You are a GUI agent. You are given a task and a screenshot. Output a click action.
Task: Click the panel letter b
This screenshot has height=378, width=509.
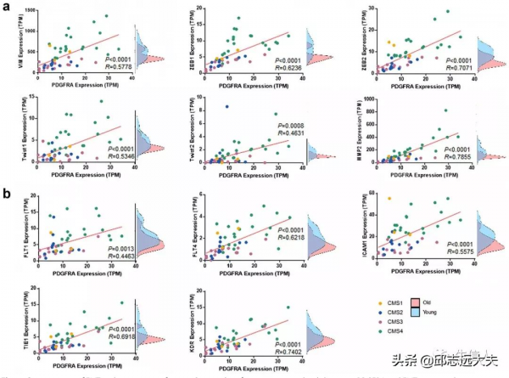pyautogui.click(x=6, y=195)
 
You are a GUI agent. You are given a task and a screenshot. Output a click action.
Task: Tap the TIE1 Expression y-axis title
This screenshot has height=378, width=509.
pyautogui.click(x=18, y=323)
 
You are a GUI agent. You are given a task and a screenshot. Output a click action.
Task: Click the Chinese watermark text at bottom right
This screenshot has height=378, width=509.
pyautogui.click(x=450, y=358)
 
